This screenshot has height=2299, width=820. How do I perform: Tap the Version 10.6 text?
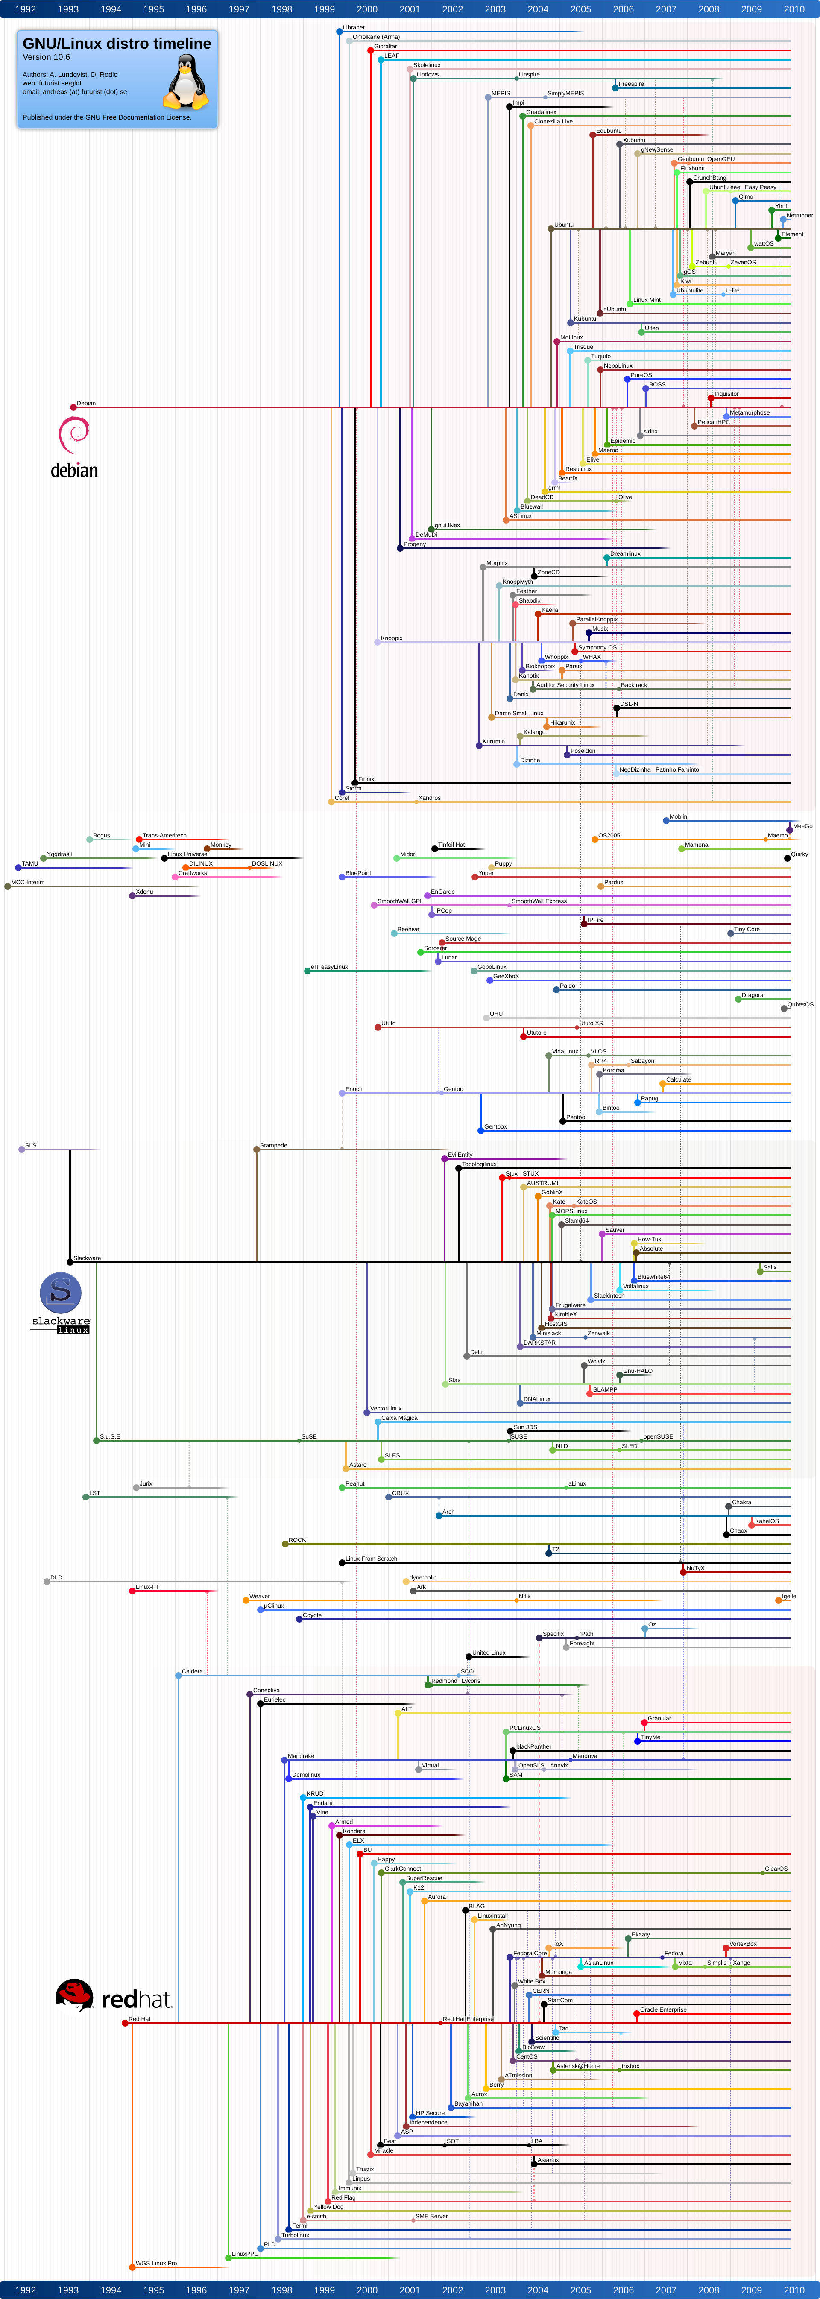(x=47, y=57)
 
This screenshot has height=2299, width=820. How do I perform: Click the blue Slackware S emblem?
(x=61, y=1293)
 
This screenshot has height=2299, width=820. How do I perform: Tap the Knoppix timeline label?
(x=392, y=638)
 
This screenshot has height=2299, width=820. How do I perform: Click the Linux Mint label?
(x=647, y=300)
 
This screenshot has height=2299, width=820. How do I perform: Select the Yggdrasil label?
(x=59, y=854)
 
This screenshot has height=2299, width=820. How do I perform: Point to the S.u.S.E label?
(x=110, y=1437)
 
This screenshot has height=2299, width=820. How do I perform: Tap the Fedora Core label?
(x=530, y=1953)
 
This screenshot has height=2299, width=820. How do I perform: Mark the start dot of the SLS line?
(x=21, y=1149)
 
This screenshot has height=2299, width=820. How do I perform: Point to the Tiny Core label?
(x=747, y=929)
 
